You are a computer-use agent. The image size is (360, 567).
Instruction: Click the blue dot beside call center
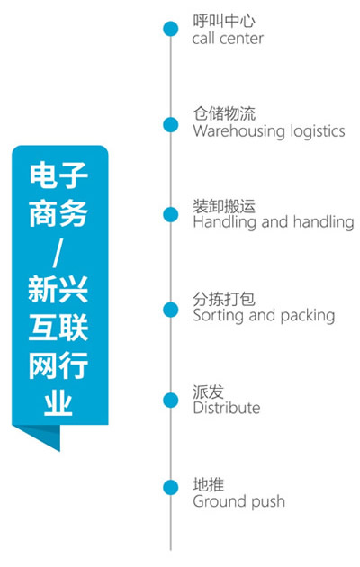pos(171,29)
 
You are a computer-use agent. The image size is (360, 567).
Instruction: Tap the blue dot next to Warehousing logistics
pos(171,125)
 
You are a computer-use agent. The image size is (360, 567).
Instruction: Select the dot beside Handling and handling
pos(171,215)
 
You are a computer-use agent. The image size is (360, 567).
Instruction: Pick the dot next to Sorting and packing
pos(171,310)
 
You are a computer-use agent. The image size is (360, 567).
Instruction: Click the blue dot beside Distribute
pos(171,400)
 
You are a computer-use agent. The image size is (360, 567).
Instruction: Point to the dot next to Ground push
pos(171,488)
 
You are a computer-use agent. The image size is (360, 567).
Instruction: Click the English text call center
pos(228,39)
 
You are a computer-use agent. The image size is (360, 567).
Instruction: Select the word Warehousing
pos(235,130)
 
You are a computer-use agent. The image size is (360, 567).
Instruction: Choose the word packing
pos(308,315)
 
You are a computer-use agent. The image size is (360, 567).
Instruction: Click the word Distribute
pos(227,408)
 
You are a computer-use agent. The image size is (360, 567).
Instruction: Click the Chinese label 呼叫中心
pos(224,21)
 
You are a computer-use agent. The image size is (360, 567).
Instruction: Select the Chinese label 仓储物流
pos(224,113)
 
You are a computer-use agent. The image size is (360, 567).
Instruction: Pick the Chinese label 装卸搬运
pos(224,206)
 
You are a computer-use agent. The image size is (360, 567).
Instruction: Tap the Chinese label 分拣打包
pos(224,299)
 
